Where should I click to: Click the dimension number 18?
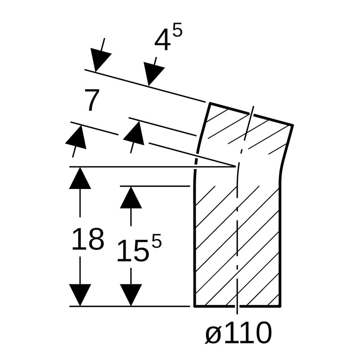pyautogui.click(x=88, y=239)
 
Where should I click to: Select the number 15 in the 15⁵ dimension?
pyautogui.click(x=132, y=251)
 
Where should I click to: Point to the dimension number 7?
pyautogui.click(x=91, y=101)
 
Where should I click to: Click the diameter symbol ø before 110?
pyautogui.click(x=213, y=334)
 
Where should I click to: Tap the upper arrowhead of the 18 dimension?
pyautogui.click(x=80, y=178)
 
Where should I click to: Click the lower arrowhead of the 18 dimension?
pyautogui.click(x=80, y=295)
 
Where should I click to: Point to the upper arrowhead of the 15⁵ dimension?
pyautogui.click(x=131, y=197)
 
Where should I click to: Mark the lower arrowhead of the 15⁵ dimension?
pyautogui.click(x=131, y=295)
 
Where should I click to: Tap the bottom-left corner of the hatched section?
pyautogui.click(x=194, y=306)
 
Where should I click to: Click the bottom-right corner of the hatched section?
pyautogui.click(x=280, y=306)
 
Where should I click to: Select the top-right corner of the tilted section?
pyautogui.click(x=293, y=125)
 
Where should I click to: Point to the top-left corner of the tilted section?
pyautogui.click(x=210, y=103)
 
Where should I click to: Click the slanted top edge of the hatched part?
pyautogui.click(x=251, y=114)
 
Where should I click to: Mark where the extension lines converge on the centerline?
pyautogui.click(x=236, y=166)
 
